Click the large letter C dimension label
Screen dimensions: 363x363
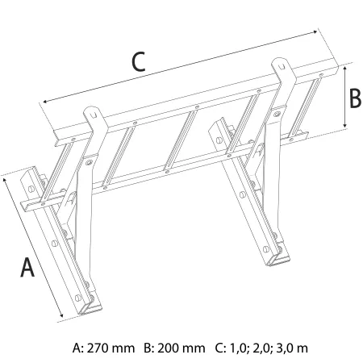pyautogui.click(x=139, y=62)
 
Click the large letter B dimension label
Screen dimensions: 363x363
pyautogui.click(x=355, y=98)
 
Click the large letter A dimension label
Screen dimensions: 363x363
pyautogui.click(x=27, y=267)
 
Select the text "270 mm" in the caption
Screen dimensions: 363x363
pyautogui.click(x=111, y=348)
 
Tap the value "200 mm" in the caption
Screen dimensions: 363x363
pyautogui.click(x=181, y=348)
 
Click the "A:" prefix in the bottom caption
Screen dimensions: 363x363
pyautogui.click(x=78, y=348)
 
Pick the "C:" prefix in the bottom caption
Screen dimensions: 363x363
pyautogui.click(x=221, y=348)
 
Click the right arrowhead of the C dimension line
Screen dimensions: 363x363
pyautogui.click(x=315, y=32)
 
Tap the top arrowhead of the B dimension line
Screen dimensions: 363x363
pyautogui.click(x=345, y=69)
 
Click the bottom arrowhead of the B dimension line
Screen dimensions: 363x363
pyautogui.click(x=345, y=125)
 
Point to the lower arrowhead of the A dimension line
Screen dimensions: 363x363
pyautogui.click(x=61, y=315)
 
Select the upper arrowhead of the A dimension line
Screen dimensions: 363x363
pyautogui.click(x=5, y=181)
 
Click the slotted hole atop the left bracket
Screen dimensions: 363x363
pyautogui.click(x=93, y=115)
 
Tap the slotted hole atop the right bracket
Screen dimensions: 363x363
pyautogui.click(x=282, y=65)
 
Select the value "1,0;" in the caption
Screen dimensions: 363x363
pyautogui.click(x=238, y=348)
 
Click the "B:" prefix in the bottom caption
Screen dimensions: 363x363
pyautogui.click(x=149, y=348)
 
